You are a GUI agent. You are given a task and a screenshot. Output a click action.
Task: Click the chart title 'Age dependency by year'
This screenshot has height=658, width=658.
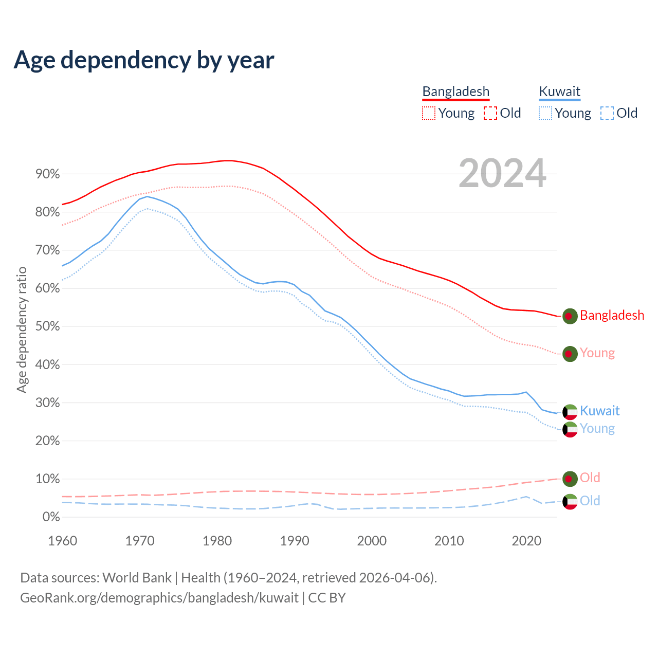[x=144, y=60]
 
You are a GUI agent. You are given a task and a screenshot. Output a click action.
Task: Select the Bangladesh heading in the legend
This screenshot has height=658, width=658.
[x=455, y=92]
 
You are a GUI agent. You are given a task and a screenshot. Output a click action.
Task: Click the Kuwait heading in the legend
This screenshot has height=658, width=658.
[x=559, y=92]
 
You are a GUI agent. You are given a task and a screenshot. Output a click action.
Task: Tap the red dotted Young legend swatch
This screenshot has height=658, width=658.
[x=428, y=113]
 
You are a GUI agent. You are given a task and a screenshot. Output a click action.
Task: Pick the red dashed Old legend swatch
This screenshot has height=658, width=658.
[x=490, y=113]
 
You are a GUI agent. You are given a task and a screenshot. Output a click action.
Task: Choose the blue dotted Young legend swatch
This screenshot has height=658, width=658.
[x=545, y=113]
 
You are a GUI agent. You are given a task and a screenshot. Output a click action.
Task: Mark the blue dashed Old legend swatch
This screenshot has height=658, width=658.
[x=607, y=113]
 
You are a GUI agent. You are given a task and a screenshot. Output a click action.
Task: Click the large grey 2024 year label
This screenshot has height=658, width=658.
[x=502, y=173]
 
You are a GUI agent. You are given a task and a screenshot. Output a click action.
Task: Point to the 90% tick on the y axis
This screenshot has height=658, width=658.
[x=47, y=174]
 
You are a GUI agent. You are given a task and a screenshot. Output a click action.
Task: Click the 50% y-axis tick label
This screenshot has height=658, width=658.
[x=47, y=326]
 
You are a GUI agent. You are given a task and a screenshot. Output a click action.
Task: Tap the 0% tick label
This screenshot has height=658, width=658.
[x=51, y=517]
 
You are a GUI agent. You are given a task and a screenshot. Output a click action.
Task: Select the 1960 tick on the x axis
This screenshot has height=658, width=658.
[x=62, y=541]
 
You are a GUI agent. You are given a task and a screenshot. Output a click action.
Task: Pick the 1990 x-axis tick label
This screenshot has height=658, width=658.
[x=295, y=541]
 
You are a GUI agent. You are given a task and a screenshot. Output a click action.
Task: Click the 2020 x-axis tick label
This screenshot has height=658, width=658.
[x=526, y=541]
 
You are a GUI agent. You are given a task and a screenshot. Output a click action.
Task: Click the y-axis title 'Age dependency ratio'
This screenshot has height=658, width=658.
[x=22, y=330]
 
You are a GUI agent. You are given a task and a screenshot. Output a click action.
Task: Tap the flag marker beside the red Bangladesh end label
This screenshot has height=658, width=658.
[x=570, y=316]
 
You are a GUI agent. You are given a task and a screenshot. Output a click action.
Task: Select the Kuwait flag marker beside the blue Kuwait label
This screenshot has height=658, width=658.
[x=570, y=412]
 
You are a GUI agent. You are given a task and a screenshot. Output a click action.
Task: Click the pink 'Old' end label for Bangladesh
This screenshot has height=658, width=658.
[x=590, y=478]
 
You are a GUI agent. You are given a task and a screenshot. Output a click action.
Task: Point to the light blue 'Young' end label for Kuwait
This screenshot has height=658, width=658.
[x=597, y=428]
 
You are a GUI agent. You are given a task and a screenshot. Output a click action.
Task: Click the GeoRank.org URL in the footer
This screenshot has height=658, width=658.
[x=159, y=598]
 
